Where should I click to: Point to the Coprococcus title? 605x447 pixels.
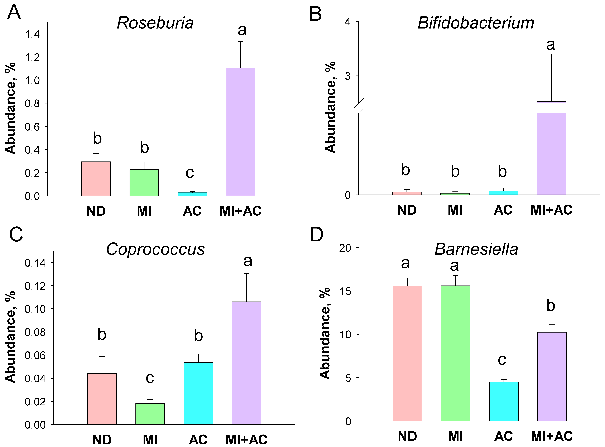coord(155,249)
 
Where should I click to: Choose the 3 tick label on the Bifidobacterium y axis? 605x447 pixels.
coord(348,76)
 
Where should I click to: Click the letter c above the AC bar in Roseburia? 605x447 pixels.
coord(190,173)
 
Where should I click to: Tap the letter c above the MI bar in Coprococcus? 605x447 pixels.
coord(150,378)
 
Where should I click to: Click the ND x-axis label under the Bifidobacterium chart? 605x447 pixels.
coord(407,210)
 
